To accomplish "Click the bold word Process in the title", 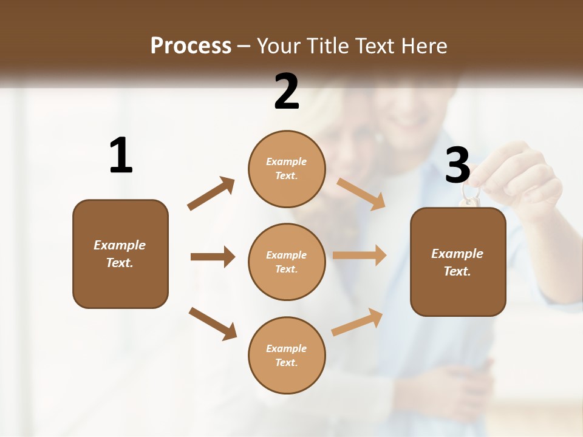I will (x=191, y=46).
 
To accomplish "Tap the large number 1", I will (x=121, y=155).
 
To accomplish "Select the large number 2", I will (x=287, y=92).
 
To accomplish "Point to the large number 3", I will (x=457, y=165).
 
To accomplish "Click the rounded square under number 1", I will (x=120, y=254).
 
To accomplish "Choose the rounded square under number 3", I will (x=458, y=262).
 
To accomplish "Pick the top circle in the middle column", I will (x=287, y=169).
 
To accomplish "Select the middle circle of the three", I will (x=287, y=262).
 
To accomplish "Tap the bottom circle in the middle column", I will (x=287, y=355).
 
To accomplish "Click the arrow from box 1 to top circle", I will (x=211, y=194).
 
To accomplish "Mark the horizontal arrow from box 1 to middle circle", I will (x=213, y=257).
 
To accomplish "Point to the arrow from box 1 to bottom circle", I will (x=213, y=324).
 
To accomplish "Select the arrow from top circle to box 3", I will (x=361, y=194).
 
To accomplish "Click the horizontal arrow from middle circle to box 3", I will (x=360, y=256).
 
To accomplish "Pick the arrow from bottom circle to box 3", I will (x=358, y=322).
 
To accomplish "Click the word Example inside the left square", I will (x=120, y=245).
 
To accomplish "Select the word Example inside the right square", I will (x=457, y=254).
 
